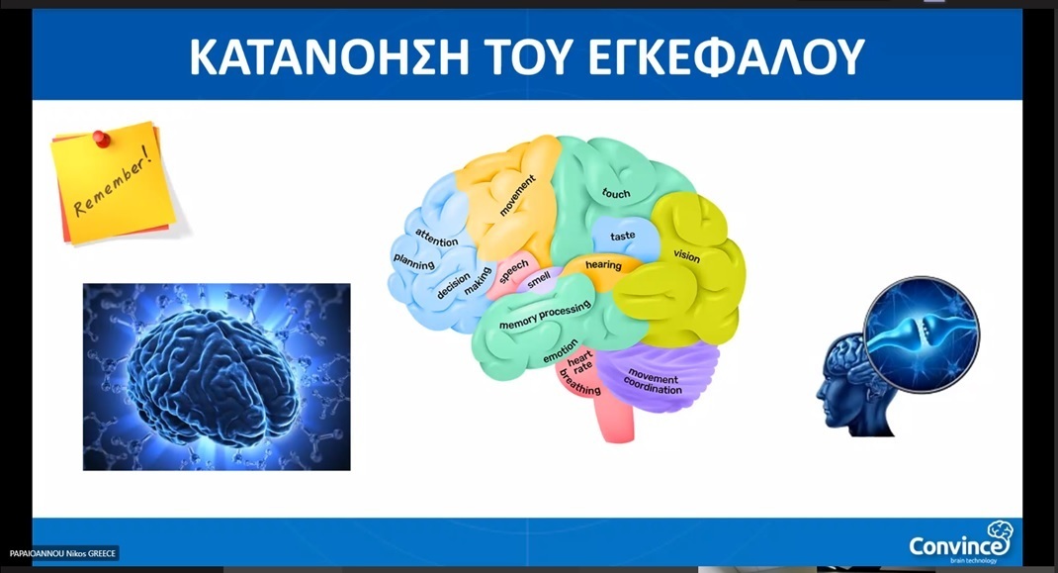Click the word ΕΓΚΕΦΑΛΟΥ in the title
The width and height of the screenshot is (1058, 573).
727,56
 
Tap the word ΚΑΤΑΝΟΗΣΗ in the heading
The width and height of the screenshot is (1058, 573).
329,56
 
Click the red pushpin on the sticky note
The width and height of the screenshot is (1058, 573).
101,139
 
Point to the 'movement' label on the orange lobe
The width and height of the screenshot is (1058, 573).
517,195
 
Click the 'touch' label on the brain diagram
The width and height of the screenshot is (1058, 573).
616,193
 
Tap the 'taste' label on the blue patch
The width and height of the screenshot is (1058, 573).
622,236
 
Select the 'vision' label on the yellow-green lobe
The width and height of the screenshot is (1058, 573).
686,255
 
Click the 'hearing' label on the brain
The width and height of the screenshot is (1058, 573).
603,264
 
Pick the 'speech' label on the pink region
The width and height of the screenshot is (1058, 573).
513,271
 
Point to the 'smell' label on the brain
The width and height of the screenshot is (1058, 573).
539,280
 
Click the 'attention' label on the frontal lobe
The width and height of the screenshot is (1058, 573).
437,238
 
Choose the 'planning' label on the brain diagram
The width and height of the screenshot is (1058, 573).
413,261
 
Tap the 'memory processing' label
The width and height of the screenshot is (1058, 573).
545,315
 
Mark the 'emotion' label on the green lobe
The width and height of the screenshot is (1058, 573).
561,351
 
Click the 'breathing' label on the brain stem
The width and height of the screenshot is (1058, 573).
580,384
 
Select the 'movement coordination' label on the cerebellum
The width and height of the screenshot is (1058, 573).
654,382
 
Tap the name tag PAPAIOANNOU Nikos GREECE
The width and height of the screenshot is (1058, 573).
63,553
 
